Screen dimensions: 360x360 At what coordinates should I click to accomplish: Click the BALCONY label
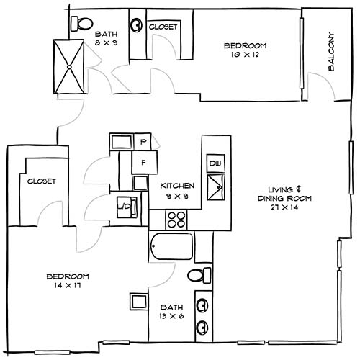[332, 52]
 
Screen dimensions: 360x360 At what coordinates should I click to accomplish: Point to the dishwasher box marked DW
[215, 163]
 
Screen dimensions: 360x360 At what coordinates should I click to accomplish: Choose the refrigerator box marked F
[143, 162]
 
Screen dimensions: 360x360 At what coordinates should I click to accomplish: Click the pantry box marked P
[143, 141]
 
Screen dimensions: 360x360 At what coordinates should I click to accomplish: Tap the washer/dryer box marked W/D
[123, 207]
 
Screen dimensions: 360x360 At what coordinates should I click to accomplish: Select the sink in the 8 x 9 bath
[135, 25]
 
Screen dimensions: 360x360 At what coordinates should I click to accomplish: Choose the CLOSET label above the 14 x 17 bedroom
[42, 182]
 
